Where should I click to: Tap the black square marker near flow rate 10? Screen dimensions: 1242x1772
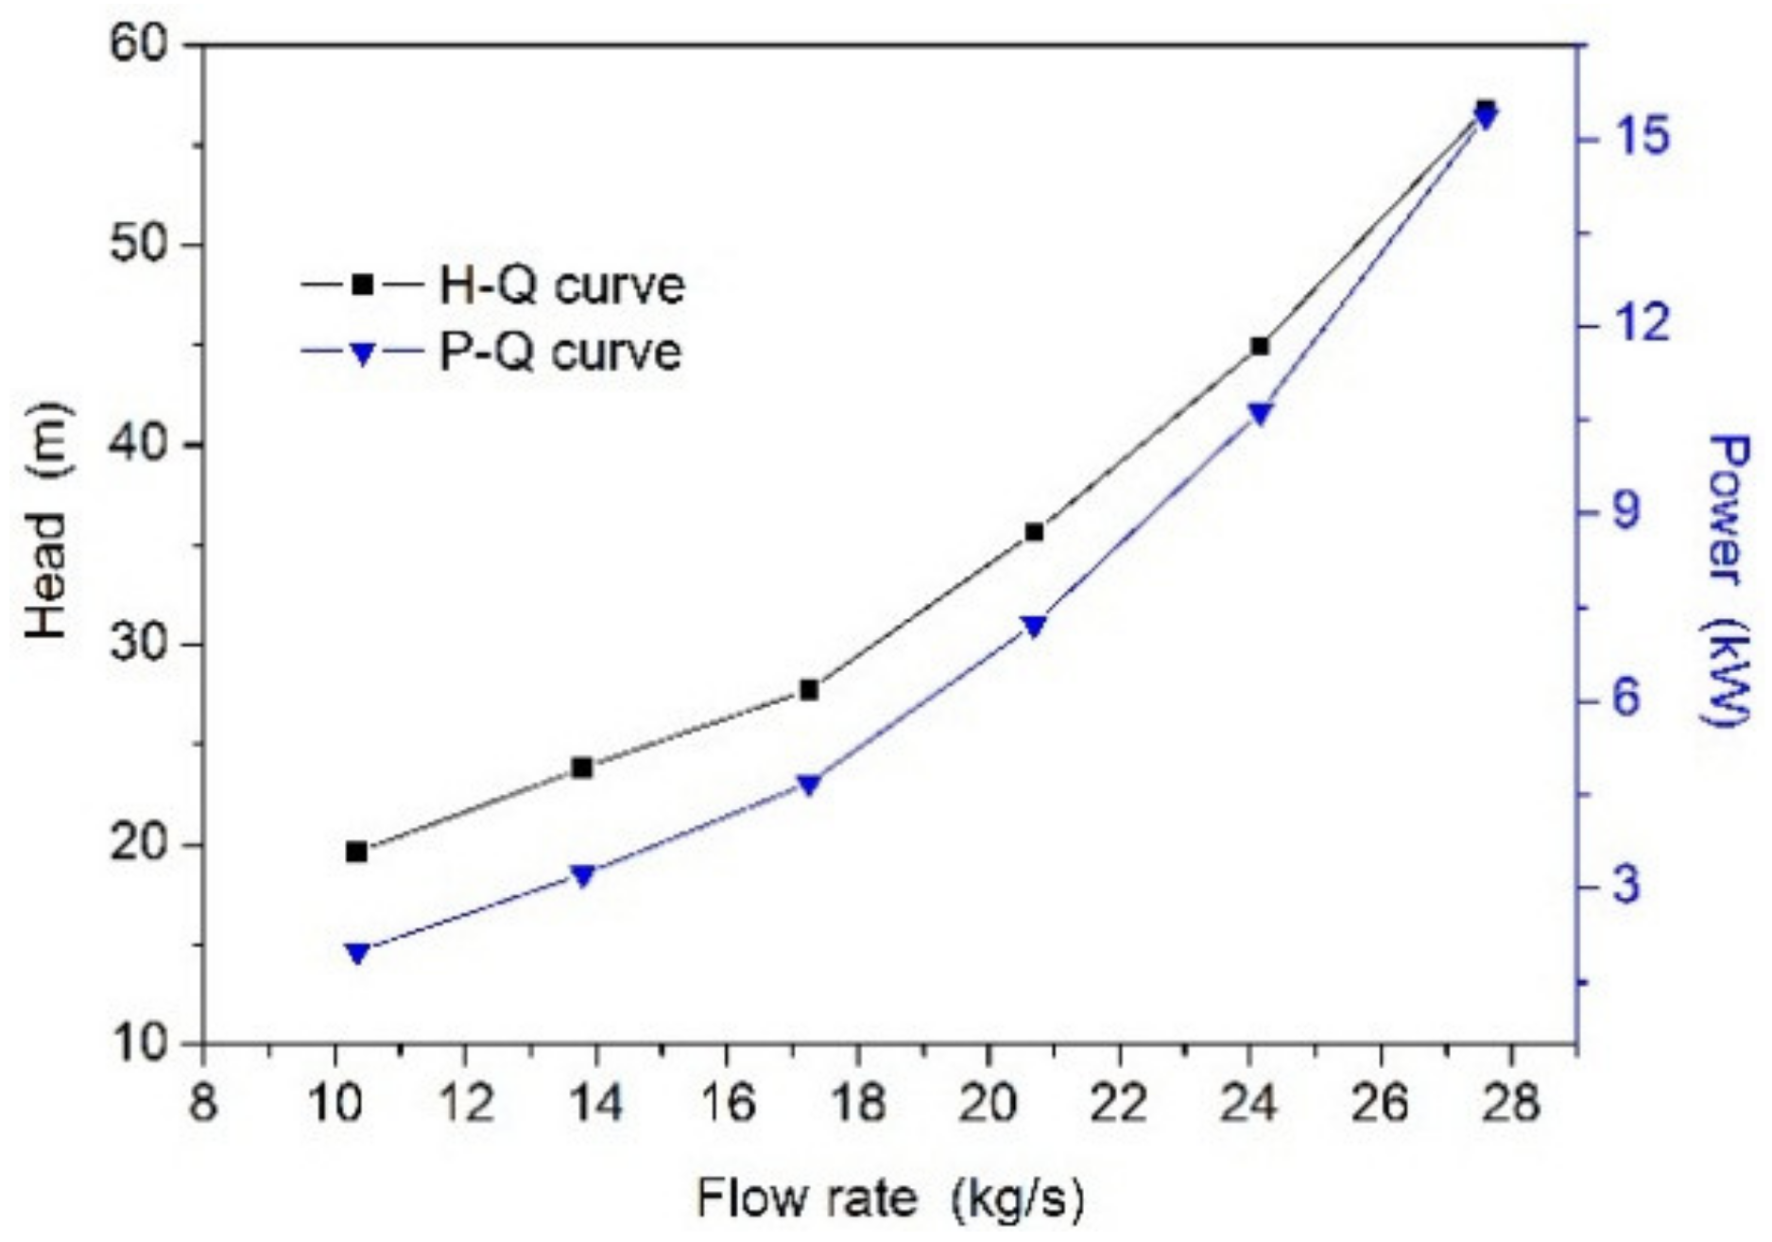[x=356, y=852]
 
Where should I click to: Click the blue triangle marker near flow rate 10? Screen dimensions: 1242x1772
[x=356, y=953]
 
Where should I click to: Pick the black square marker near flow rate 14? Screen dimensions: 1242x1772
[x=582, y=768]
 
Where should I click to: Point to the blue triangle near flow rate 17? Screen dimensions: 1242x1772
[x=808, y=785]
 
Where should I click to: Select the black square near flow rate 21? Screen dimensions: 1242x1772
[x=1034, y=532]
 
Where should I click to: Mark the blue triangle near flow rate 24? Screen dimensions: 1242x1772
[x=1260, y=414]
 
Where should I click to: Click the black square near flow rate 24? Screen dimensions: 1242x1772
[x=1260, y=346]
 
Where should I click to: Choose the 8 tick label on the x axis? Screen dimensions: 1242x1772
[x=203, y=1102]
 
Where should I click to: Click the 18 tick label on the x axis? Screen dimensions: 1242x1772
[x=856, y=1102]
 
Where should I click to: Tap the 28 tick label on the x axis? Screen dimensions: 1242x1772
[x=1510, y=1102]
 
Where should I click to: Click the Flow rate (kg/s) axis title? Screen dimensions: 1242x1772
[x=890, y=1199]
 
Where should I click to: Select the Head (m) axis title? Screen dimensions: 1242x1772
[x=47, y=521]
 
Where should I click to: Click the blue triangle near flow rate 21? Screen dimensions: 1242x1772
[x=1034, y=626]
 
